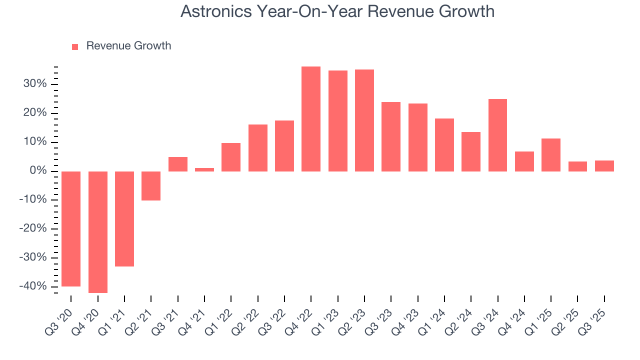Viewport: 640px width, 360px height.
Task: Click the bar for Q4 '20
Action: (x=98, y=232)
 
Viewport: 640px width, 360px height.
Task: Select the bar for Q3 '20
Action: (x=71, y=228)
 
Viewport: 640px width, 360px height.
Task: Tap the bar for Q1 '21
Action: (x=124, y=218)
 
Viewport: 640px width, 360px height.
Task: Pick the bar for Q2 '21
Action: (x=151, y=185)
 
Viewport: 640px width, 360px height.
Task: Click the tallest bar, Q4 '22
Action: (x=311, y=119)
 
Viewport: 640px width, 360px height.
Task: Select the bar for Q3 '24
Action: (x=497, y=135)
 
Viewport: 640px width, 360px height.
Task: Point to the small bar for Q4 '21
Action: (x=204, y=169)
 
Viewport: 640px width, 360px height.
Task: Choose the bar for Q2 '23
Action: (x=364, y=120)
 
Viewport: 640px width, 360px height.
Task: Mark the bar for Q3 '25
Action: (x=604, y=166)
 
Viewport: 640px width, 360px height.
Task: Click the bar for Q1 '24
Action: (x=444, y=145)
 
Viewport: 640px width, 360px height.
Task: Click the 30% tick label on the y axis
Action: (x=35, y=84)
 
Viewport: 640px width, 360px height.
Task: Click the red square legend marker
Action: (x=75, y=46)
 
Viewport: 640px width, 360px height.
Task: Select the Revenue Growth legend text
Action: (x=128, y=46)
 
